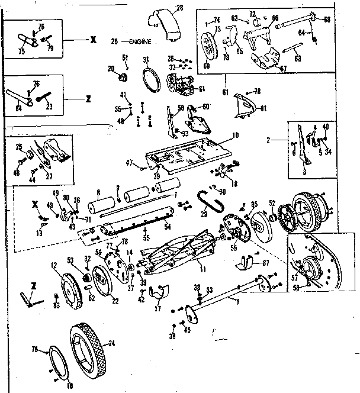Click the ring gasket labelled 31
click(152, 78)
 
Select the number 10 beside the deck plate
click(235, 135)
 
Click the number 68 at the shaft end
click(326, 20)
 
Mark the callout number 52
click(272, 203)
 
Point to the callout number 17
click(157, 308)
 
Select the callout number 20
click(111, 68)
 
